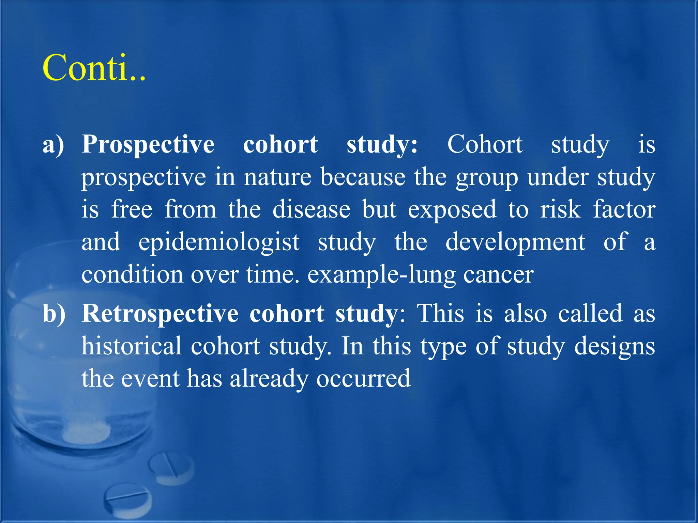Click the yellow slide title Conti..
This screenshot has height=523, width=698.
point(94,68)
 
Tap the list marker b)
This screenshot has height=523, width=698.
point(54,314)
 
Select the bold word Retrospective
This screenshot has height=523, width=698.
point(160,314)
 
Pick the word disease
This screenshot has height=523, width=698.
point(311,209)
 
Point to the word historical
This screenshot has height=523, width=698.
point(132,346)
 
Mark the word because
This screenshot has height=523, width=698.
point(363,177)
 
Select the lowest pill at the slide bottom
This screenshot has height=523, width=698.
point(128,499)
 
